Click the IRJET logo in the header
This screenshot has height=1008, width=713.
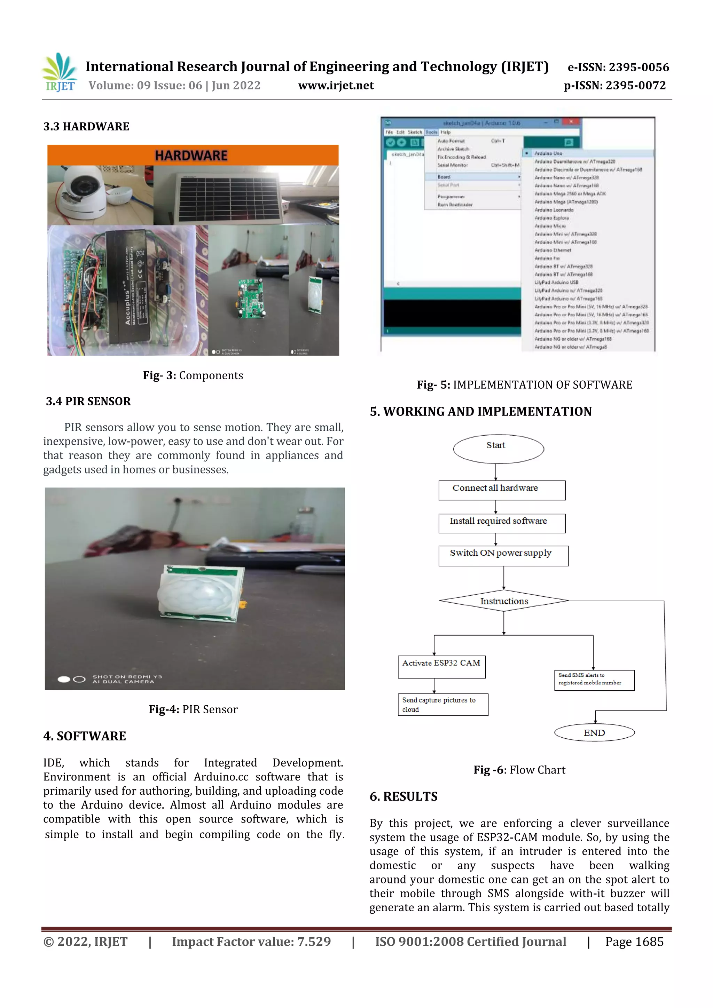(60, 72)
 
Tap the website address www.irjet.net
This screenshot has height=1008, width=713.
(336, 86)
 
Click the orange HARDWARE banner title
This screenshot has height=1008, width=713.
(191, 156)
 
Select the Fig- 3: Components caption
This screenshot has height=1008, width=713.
(193, 375)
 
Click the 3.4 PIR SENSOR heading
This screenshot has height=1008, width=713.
(88, 401)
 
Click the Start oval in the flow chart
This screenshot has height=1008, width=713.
(498, 448)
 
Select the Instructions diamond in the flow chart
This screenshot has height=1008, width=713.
(503, 601)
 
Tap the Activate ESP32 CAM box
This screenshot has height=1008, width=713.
(441, 666)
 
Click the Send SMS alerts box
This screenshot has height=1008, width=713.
(594, 680)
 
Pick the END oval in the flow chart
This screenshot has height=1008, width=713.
(594, 732)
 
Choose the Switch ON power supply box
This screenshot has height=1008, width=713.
(503, 555)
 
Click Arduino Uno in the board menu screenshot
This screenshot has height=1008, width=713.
(548, 153)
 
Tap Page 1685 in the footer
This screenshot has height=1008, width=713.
(634, 941)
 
